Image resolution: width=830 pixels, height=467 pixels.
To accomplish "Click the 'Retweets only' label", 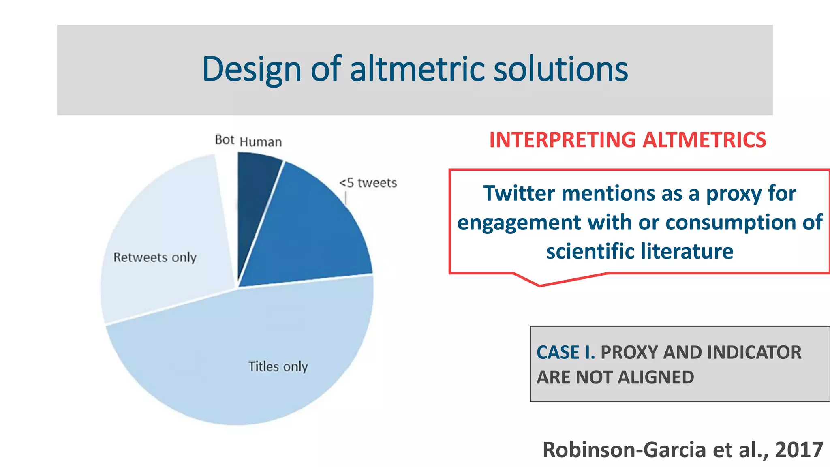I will (155, 257).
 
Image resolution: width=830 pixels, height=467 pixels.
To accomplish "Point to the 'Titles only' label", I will (278, 366).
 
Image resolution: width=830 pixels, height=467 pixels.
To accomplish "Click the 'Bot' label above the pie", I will (225, 140).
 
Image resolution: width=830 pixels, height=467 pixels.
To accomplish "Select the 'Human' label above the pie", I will (261, 142).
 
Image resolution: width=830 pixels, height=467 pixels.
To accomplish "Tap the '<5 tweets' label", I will (368, 183).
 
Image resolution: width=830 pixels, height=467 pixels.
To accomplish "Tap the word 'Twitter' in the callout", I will (519, 193).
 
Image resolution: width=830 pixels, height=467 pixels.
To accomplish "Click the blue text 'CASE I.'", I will (565, 352).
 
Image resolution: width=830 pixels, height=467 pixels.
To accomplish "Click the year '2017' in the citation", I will (798, 450).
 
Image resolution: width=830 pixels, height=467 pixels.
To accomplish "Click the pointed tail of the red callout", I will (539, 285).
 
